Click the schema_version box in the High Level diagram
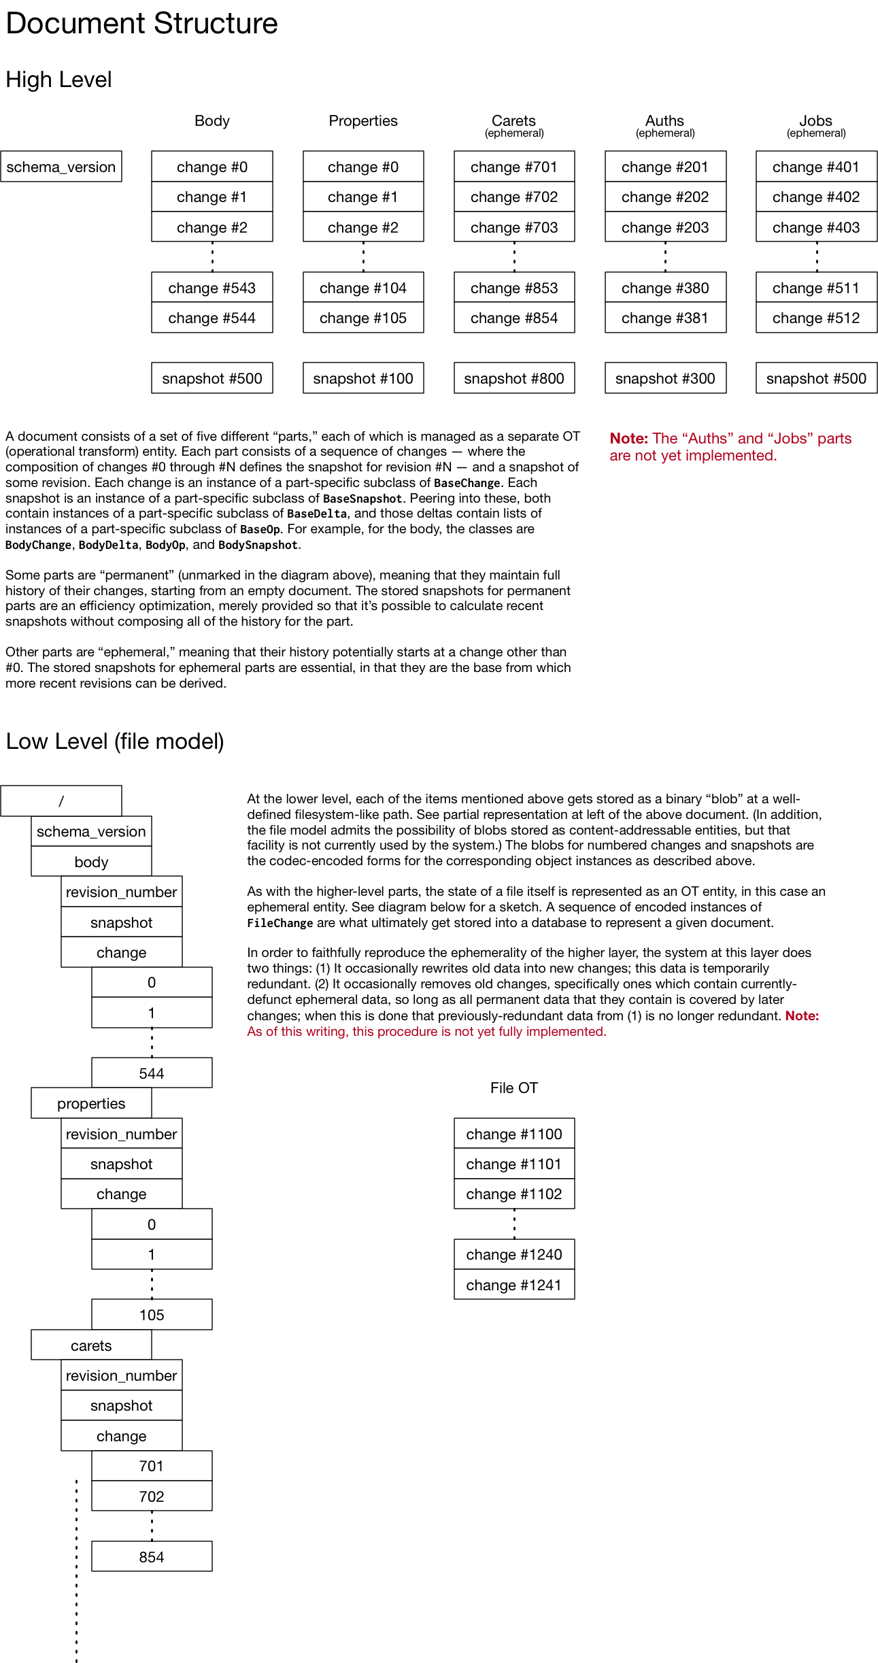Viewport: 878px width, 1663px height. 61,167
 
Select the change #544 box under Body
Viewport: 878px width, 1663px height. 212,318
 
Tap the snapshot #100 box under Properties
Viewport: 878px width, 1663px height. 363,378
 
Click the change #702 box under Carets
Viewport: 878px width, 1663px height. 514,197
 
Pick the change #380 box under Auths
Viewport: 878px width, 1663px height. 665,288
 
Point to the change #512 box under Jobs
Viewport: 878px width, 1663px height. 816,318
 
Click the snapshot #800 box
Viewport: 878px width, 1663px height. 514,378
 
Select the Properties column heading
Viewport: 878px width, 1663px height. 363,121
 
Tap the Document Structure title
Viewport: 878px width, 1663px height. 141,23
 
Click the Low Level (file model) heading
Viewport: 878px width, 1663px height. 115,741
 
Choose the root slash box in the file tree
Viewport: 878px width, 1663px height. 61,801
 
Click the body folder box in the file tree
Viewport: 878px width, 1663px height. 91,862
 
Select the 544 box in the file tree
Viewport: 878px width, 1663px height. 152,1073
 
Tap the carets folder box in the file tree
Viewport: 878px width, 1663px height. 91,1345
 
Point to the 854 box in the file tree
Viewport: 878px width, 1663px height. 152,1557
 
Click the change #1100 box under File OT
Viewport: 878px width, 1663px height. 514,1134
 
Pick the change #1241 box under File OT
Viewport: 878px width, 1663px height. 514,1285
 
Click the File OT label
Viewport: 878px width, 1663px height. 514,1088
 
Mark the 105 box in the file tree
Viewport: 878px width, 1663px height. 152,1315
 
